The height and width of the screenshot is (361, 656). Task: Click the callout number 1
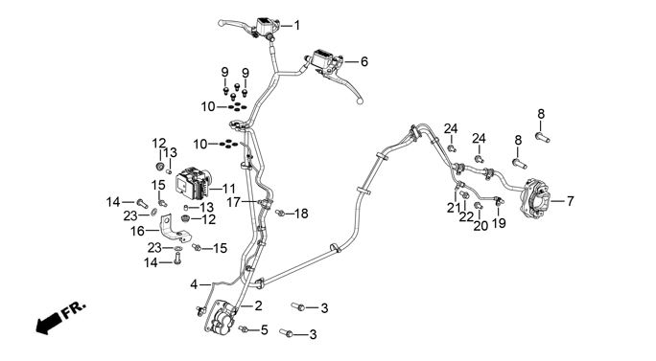[x=297, y=26]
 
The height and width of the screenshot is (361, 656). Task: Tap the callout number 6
[x=364, y=62]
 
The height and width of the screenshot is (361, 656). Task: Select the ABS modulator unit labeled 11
[x=194, y=183]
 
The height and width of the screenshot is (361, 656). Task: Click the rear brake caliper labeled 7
[x=534, y=197]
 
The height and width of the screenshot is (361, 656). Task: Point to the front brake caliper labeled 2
[x=220, y=318]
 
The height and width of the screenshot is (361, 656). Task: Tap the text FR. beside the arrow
[x=75, y=309]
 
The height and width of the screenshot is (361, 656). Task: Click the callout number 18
[x=301, y=214]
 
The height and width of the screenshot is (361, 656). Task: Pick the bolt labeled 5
[x=244, y=329]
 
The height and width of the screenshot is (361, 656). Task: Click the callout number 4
[x=194, y=285]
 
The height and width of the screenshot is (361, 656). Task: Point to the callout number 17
[x=233, y=203]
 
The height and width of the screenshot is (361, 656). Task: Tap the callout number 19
[x=499, y=223]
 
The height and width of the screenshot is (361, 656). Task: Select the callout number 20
[x=480, y=226]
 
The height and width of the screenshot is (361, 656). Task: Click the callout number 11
[x=229, y=189]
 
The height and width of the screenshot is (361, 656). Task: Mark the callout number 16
[x=138, y=231]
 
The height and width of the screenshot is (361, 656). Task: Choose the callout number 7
[x=571, y=201]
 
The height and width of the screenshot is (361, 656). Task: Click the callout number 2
[x=258, y=305]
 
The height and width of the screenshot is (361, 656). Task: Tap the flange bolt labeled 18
[x=280, y=214]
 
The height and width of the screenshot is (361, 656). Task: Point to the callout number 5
[x=264, y=330]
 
